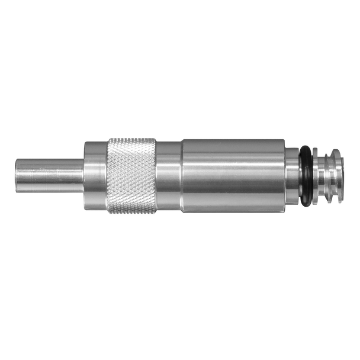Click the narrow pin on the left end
click(x=47, y=172)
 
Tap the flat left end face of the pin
click(x=16, y=172)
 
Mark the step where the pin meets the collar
click(x=83, y=172)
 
